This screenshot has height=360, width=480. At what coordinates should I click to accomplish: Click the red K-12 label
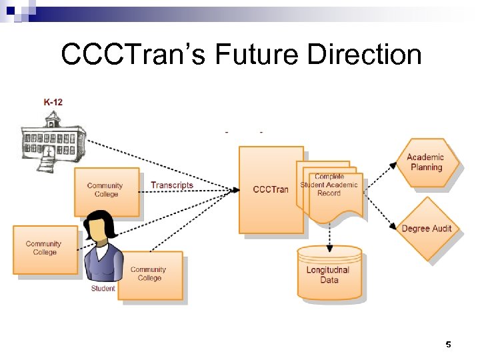pos(53,102)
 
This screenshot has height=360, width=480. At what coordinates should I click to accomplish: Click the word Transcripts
pos(172,185)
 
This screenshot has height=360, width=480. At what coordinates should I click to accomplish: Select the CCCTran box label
pos(271,189)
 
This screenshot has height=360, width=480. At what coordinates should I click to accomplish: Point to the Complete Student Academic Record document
pos(329,186)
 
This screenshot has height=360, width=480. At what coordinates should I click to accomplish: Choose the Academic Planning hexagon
pos(426,162)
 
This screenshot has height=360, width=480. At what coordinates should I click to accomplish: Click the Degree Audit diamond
pos(426,229)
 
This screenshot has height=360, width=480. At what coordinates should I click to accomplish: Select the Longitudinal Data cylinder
pos(329,274)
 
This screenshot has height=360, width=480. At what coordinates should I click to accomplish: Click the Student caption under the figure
pos(103,289)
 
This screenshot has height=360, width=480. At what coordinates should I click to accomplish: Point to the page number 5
pos(448,345)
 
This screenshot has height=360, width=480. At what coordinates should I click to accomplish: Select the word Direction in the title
pos(364,55)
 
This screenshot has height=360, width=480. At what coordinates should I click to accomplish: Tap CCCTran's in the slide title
pos(133,55)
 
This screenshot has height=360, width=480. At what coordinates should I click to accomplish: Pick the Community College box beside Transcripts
pos(105,190)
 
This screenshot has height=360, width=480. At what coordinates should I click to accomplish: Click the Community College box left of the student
pos(44,249)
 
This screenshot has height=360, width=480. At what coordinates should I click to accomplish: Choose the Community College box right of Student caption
pos(149,274)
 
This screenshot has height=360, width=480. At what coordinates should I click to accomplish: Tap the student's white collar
pos(101,251)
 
